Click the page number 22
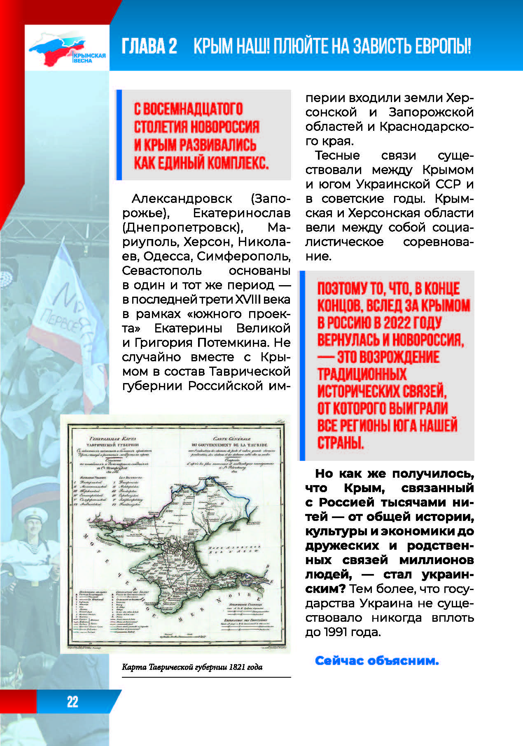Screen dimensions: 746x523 point(72,701)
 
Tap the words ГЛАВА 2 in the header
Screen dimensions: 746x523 point(149,46)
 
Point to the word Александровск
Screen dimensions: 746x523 point(182,199)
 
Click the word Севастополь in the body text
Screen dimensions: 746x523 point(162,271)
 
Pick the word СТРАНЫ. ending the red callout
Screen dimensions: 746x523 point(341,443)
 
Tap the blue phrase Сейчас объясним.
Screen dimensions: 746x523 point(377,661)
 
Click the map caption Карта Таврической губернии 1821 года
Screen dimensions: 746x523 point(192,667)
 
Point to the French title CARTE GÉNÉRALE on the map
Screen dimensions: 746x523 point(232,439)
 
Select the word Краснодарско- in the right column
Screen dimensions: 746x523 point(426,127)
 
